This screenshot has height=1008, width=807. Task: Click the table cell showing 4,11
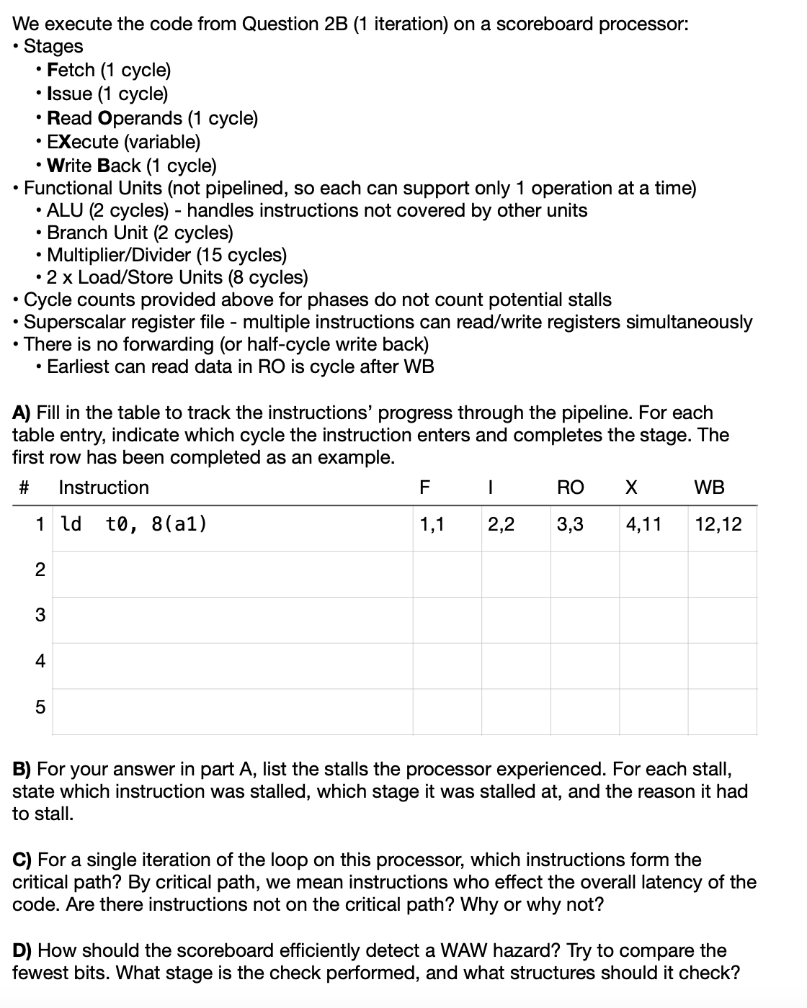click(x=643, y=524)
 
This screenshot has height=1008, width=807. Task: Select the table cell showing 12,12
click(x=718, y=524)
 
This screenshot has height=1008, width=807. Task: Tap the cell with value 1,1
click(x=432, y=524)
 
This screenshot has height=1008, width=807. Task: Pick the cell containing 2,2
click(x=501, y=524)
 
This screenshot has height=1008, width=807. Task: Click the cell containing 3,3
click(x=570, y=524)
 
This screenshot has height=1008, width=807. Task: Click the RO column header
click(x=570, y=487)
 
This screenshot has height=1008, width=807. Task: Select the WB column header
click(x=709, y=487)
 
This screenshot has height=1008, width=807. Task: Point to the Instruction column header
click(x=104, y=487)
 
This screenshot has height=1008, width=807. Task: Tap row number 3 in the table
click(x=40, y=616)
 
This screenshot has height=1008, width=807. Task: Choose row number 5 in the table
click(x=40, y=708)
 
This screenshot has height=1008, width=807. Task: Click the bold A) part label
click(x=22, y=413)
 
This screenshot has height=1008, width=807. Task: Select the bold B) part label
click(x=22, y=769)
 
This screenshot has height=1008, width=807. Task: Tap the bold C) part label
click(x=22, y=860)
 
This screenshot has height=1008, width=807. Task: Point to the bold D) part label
click(x=22, y=950)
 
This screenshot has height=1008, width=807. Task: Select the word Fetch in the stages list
click(x=71, y=70)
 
